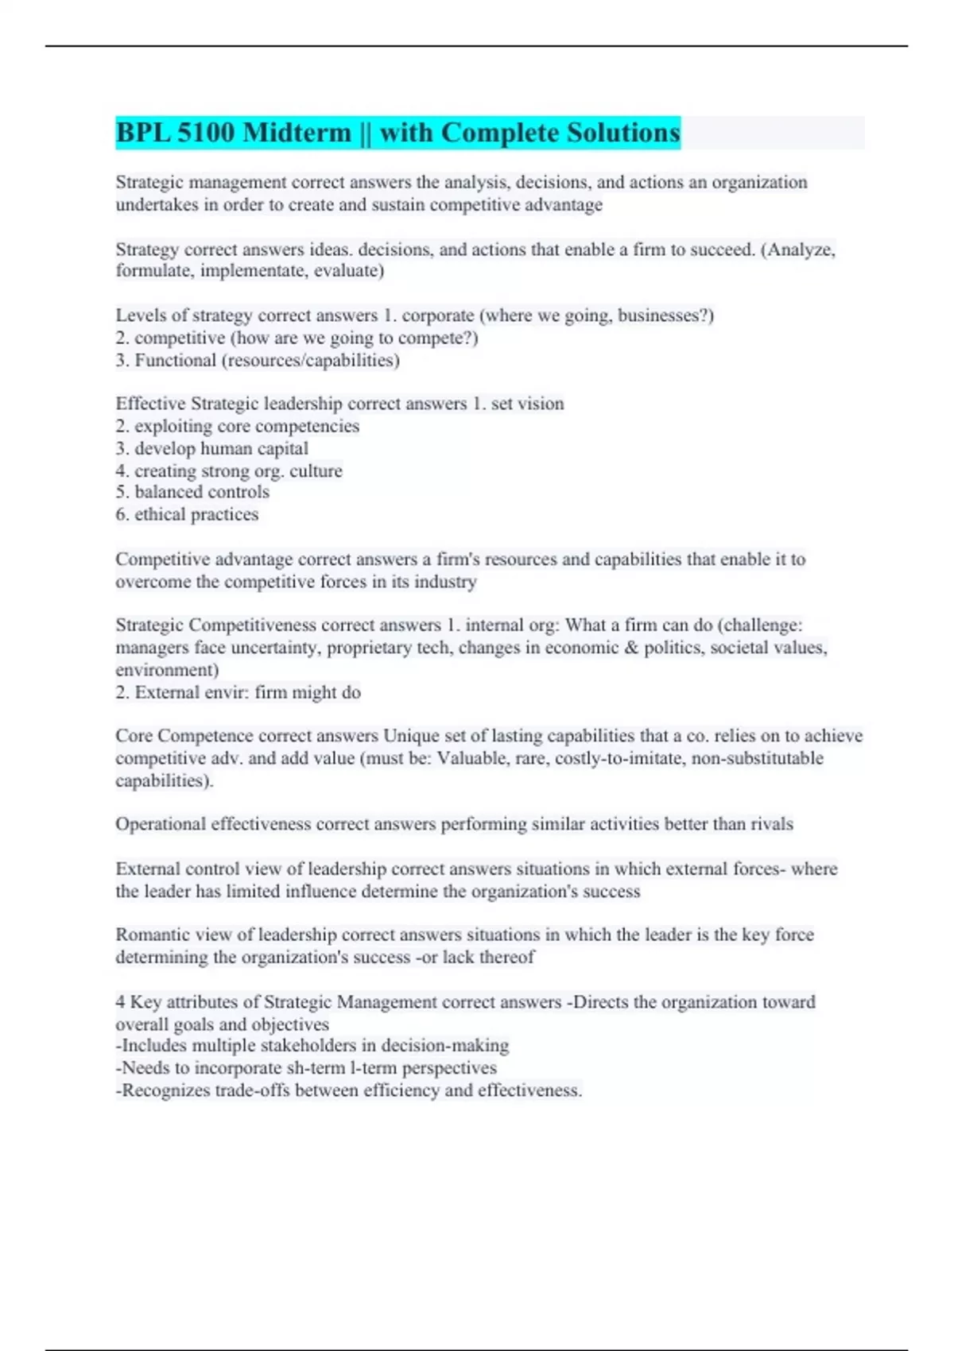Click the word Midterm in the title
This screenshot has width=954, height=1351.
(297, 132)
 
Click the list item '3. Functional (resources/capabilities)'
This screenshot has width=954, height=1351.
(258, 360)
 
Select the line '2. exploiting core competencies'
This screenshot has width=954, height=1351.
(237, 426)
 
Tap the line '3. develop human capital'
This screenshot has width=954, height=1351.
(211, 448)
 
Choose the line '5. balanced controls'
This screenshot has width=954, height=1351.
(192, 492)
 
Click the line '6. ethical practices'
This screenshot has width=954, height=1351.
(187, 514)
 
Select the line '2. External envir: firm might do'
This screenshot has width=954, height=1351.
(238, 692)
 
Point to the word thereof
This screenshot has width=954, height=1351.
(507, 957)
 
